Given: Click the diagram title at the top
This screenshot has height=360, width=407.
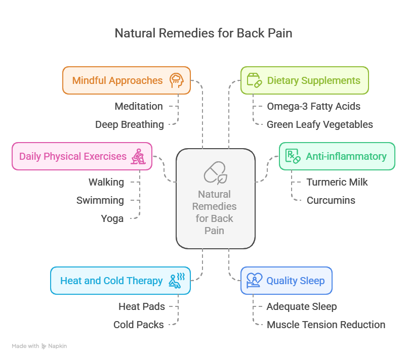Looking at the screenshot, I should coord(203,33).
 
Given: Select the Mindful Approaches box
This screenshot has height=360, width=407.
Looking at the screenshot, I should coord(126,80).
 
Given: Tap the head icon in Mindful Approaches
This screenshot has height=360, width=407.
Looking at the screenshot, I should coord(177,80).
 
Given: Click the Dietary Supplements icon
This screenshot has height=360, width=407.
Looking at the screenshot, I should coord(253,80).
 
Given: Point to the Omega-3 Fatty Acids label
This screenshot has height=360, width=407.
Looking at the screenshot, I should coord(313,106).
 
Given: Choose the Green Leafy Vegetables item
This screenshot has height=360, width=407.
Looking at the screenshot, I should coord(319,124).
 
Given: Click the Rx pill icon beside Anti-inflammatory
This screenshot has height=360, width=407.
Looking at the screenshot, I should coord(293,156).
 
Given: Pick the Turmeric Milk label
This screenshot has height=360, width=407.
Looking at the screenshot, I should coord(337,182).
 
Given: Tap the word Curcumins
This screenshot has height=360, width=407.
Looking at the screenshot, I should coord(331,200).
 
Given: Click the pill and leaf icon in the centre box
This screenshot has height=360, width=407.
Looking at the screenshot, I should coord(215,172).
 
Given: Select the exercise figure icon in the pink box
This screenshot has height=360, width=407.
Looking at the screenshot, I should coord(138,156).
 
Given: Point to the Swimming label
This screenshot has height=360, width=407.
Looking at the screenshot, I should coord(100,200).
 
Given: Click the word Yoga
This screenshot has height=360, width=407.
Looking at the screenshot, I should coord(112,218).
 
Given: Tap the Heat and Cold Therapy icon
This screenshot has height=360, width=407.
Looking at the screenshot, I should coord(177,281).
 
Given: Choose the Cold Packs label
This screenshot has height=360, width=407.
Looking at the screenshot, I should coord(138,325).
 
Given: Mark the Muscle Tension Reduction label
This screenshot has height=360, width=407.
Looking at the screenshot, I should coord(325,325).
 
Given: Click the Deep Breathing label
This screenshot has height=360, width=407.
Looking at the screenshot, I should coord(129,124).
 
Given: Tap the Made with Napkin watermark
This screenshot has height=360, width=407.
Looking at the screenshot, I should coord(39,346).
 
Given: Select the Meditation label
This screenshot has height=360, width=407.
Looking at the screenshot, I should coord(138,106).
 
